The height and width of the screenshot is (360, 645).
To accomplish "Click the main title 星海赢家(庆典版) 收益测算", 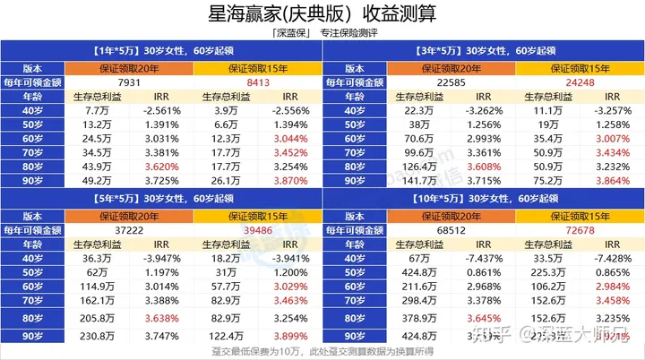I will [322, 15].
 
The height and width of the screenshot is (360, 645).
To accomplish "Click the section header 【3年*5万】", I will [418, 51].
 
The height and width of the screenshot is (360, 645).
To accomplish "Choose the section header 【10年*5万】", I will [421, 199].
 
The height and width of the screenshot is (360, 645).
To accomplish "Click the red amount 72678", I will [562, 230].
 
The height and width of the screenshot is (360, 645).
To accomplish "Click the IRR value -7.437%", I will [480, 259].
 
